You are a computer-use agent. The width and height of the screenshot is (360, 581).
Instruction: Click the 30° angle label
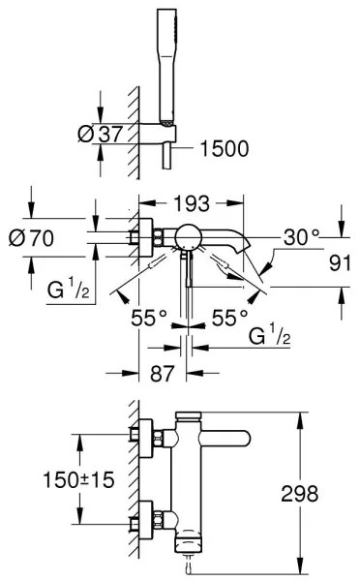301,235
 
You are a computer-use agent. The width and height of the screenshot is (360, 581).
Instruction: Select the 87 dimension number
148,372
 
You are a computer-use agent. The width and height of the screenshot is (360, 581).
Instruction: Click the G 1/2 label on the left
70,290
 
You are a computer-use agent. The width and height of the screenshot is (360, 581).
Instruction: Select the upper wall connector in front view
146,437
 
